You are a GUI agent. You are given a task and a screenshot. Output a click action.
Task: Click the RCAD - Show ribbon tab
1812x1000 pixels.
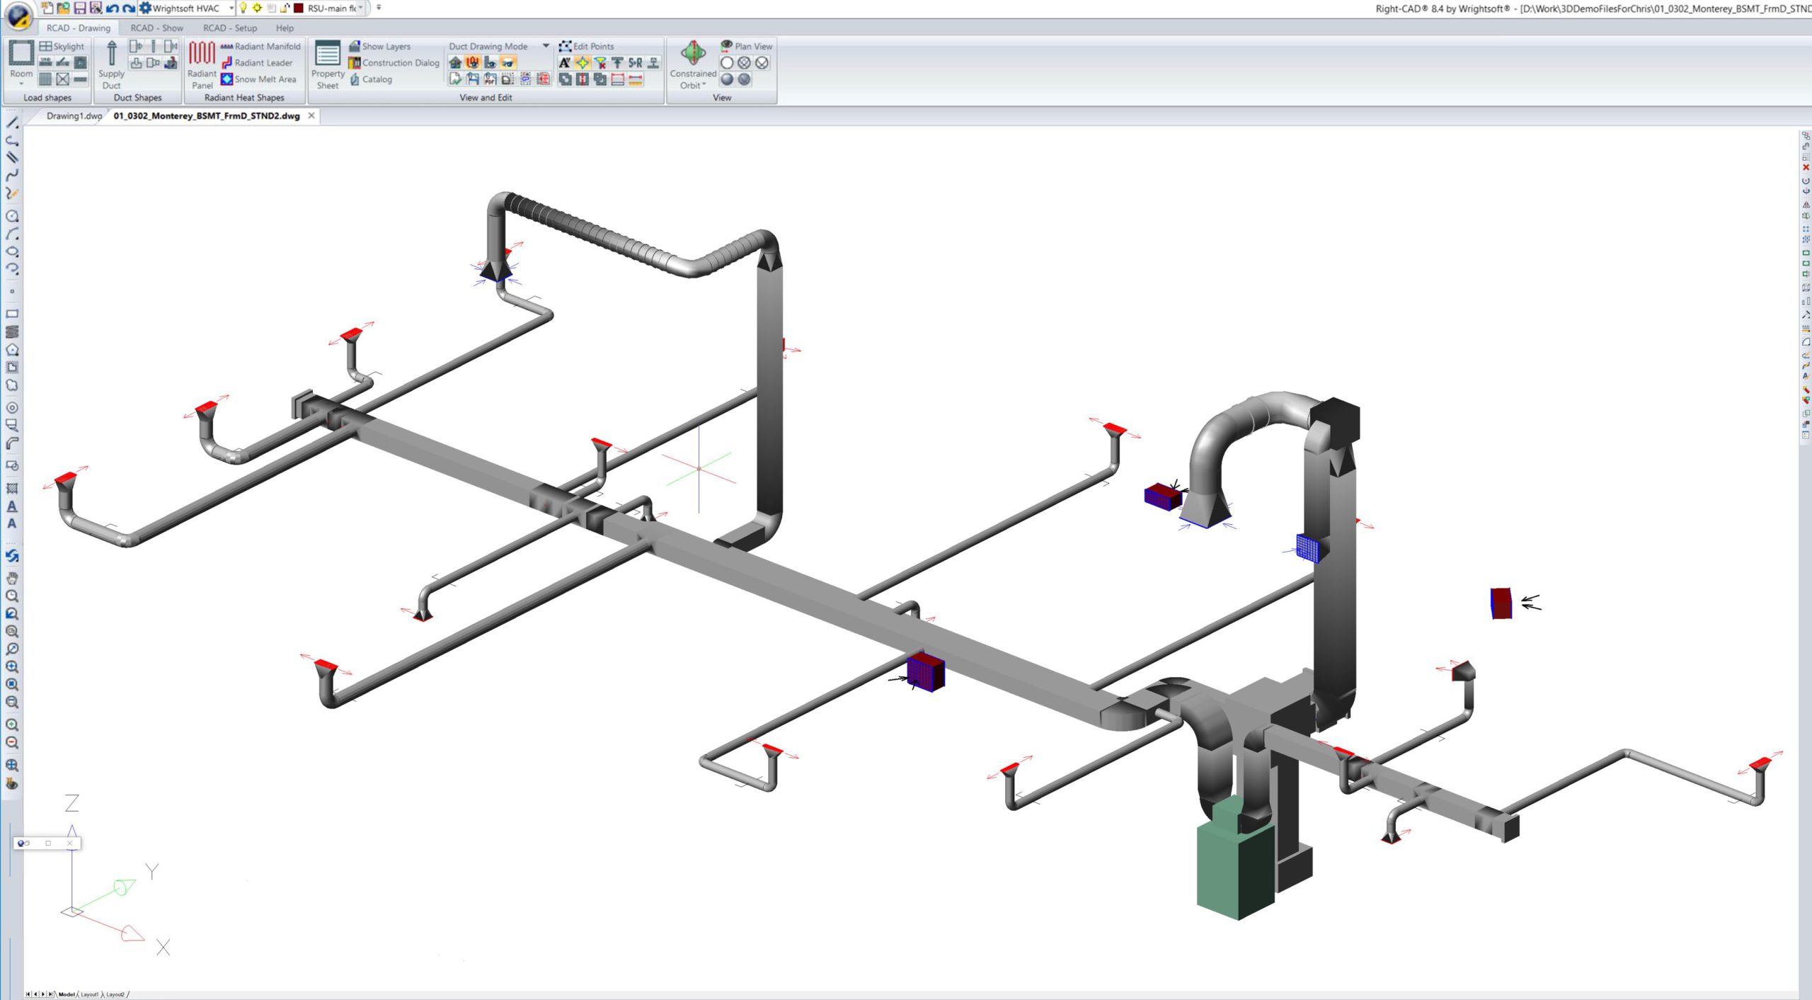[x=156, y=28]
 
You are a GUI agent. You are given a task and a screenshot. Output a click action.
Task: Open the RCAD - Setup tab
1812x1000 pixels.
[x=229, y=28]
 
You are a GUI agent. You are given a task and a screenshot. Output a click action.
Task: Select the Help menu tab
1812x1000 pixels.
[x=285, y=28]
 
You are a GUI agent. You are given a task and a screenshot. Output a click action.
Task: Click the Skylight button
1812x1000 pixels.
[x=62, y=46]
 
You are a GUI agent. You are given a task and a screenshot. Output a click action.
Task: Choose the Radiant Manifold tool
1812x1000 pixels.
[x=260, y=46]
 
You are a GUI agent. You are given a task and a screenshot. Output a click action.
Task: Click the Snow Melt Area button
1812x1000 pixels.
[x=258, y=79]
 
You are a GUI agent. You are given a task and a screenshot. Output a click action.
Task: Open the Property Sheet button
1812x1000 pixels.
[x=328, y=64]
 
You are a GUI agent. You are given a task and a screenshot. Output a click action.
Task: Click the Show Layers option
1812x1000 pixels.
[x=379, y=46]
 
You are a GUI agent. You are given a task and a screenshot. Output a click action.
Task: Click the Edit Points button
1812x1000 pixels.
[x=587, y=46]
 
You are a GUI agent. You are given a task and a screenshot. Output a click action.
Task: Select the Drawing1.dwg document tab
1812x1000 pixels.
[x=73, y=116]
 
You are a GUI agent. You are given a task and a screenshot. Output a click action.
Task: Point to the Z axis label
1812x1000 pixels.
[x=71, y=803]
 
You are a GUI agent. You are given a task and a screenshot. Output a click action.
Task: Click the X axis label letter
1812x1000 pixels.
[x=164, y=948]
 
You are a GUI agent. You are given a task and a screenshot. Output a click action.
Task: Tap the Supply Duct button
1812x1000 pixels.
[x=111, y=64]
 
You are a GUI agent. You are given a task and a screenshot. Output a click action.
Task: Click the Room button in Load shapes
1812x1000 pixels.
[x=21, y=60]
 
